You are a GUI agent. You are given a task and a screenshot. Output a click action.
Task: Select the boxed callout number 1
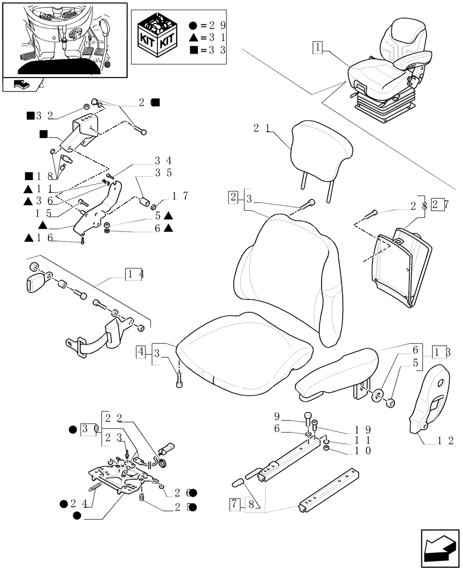tap(317, 47)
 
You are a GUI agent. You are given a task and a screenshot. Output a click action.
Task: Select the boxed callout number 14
tap(135, 274)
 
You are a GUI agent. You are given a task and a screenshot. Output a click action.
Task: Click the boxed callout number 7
tap(234, 504)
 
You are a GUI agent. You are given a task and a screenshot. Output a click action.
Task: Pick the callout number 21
tap(261, 129)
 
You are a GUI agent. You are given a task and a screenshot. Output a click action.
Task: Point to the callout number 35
tap(163, 172)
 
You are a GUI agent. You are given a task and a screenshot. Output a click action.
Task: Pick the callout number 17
tap(179, 197)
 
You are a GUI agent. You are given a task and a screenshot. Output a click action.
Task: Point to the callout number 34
tap(163, 161)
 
